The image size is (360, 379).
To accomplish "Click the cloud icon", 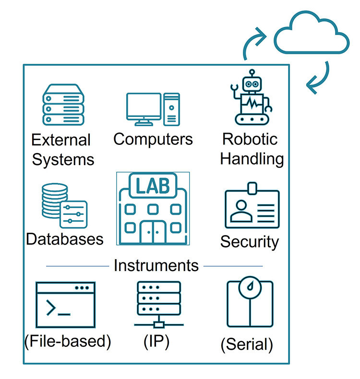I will [x=311, y=35].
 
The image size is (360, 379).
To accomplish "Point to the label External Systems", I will [x=62, y=149].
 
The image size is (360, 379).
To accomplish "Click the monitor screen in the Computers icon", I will [x=144, y=107].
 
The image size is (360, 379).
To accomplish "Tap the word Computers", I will [x=153, y=139].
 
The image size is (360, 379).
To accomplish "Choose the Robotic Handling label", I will [x=252, y=149].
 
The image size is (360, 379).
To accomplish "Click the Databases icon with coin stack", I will [x=63, y=207].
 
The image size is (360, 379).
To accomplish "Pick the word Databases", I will [x=64, y=239].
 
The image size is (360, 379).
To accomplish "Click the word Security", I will [x=249, y=241].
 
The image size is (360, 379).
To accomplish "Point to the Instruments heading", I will [x=156, y=265].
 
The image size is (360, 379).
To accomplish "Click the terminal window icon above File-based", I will [x=65, y=305].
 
